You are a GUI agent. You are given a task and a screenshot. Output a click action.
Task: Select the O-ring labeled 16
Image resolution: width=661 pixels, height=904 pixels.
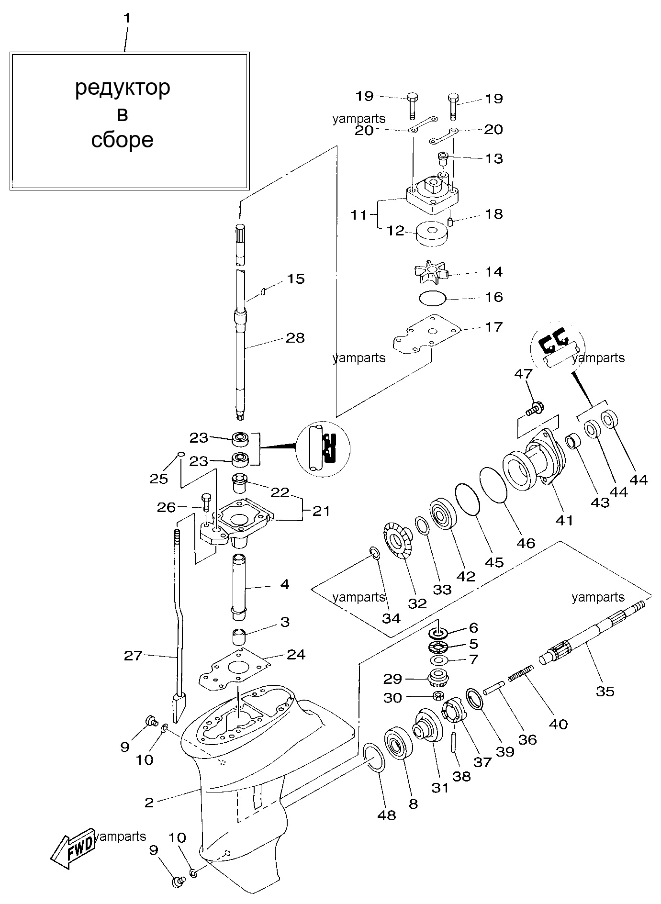(433, 298)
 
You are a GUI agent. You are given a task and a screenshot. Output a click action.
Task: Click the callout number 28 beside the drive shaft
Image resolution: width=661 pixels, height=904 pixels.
(295, 338)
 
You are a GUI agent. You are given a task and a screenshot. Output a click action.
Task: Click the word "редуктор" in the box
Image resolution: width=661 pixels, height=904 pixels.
(123, 88)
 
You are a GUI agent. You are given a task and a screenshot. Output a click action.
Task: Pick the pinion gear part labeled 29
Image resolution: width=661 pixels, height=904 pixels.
(437, 678)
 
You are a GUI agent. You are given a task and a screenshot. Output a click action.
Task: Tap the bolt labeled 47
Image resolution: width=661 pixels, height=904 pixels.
(531, 409)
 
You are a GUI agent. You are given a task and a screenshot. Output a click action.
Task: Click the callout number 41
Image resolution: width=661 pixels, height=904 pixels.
(564, 520)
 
